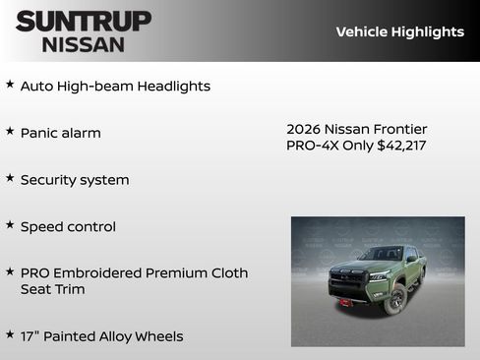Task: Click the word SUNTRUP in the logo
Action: point(84,21)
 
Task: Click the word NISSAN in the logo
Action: point(84,43)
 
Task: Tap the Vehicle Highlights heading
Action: point(399,31)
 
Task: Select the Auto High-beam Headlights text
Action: point(115,87)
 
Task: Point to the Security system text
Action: point(75,180)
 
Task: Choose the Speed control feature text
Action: point(68,226)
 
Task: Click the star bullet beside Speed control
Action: point(10,225)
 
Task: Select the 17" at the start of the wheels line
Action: point(30,336)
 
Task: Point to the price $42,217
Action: point(401,146)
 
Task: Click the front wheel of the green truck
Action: point(395,298)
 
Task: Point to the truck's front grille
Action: point(347,279)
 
